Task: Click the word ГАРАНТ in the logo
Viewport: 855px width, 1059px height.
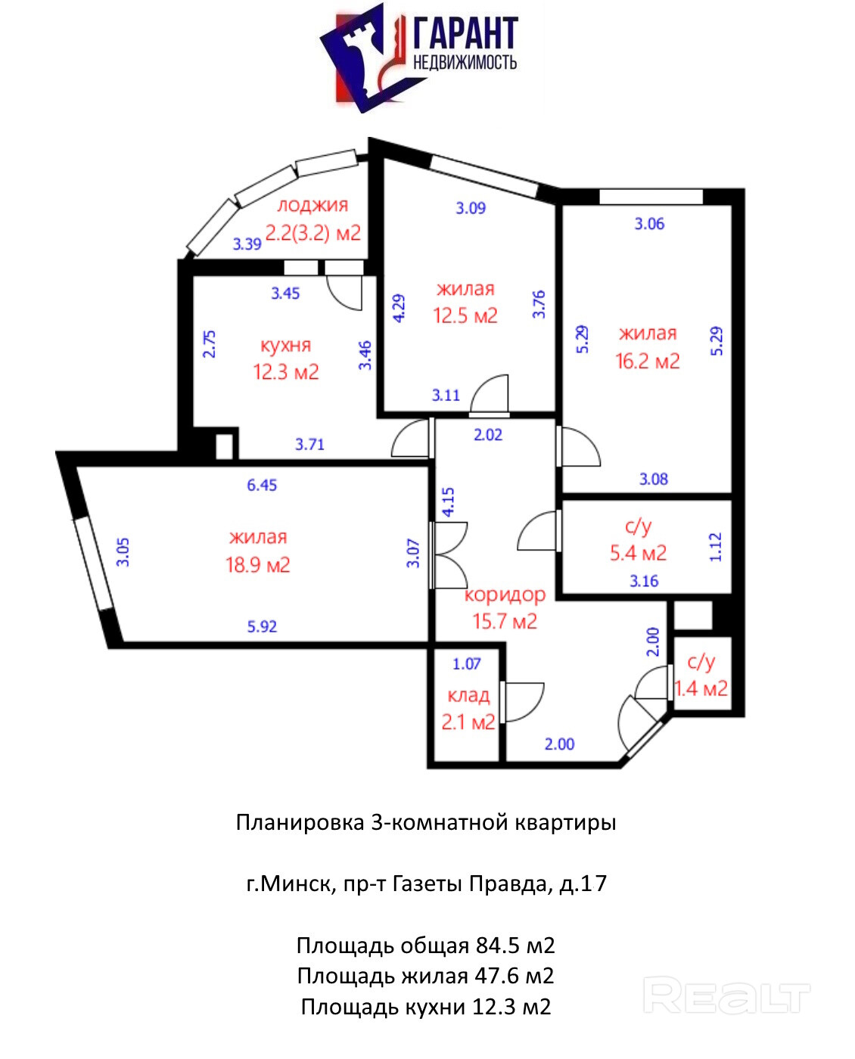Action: (x=466, y=33)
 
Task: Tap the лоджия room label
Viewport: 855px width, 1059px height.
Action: (x=312, y=205)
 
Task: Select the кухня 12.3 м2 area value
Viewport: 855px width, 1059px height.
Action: (x=286, y=372)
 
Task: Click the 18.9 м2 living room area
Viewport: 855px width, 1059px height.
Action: (x=258, y=565)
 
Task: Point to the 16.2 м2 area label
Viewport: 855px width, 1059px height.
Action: (x=648, y=361)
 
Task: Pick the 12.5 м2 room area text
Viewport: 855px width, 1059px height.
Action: (x=465, y=315)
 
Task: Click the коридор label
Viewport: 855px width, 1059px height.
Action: (x=505, y=595)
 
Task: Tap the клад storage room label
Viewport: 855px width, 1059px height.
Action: (x=468, y=695)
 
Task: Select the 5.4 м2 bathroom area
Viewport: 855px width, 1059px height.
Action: (x=638, y=553)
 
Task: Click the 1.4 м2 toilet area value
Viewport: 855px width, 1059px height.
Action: (x=701, y=688)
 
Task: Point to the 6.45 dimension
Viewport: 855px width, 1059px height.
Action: (x=262, y=485)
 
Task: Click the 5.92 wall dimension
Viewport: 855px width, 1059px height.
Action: (x=262, y=626)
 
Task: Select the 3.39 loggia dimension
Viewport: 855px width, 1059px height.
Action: (x=247, y=244)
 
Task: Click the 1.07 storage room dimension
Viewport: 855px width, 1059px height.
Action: (x=467, y=663)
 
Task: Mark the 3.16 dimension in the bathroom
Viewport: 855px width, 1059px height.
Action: (x=644, y=581)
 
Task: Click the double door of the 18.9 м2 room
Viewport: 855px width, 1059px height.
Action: (x=449, y=555)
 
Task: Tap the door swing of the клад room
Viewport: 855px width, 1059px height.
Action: (x=522, y=701)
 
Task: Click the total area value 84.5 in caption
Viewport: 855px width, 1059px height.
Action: (x=497, y=945)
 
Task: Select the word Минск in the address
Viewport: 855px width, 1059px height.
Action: (x=297, y=884)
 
